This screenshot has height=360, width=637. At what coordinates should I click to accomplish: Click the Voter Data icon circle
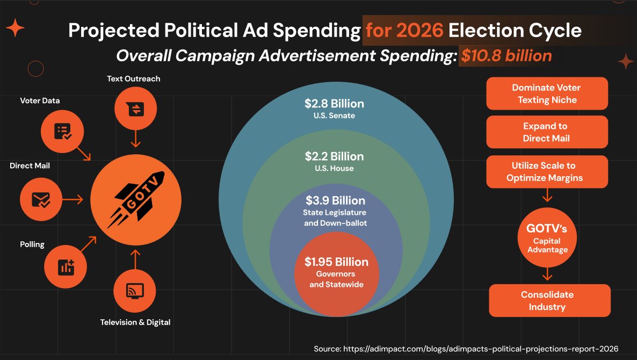[x=62, y=131]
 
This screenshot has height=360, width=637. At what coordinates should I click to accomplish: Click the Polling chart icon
[x=65, y=267]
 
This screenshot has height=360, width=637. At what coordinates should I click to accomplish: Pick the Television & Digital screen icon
[x=134, y=291]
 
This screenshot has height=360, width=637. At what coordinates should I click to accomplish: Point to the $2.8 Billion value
[x=334, y=104]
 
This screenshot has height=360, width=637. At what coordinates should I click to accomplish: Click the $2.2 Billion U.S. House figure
[x=334, y=156]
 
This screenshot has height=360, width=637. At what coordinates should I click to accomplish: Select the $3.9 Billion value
[x=335, y=200]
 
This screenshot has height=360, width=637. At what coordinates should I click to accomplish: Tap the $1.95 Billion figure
[x=336, y=262]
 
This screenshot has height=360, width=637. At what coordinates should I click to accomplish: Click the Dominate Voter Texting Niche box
[x=547, y=93]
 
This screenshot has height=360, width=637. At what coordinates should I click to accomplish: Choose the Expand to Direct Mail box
[x=547, y=132]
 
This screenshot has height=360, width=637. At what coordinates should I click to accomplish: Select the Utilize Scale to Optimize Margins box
[x=547, y=171]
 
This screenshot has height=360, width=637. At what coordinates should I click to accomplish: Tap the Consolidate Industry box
[x=549, y=300]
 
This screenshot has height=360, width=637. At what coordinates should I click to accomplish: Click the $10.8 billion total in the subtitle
[x=506, y=55]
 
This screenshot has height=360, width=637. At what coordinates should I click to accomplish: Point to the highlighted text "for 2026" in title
[x=404, y=30]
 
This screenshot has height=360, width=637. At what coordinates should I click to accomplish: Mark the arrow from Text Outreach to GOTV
[x=135, y=139]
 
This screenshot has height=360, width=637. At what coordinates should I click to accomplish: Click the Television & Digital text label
[x=135, y=322]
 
